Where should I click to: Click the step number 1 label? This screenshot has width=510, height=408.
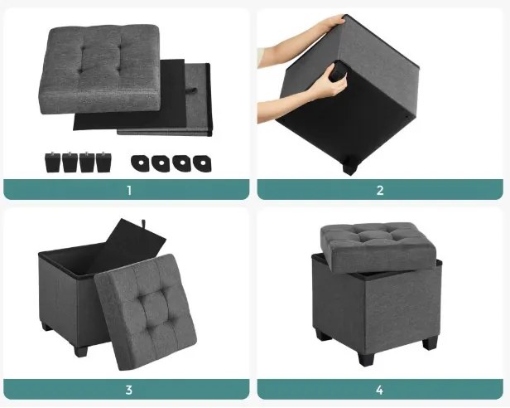pyautogui.click(x=129, y=190)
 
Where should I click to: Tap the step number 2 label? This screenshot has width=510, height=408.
pyautogui.click(x=380, y=190)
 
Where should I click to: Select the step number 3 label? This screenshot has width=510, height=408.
pyautogui.click(x=129, y=390)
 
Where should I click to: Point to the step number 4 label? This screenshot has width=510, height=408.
pyautogui.click(x=379, y=390)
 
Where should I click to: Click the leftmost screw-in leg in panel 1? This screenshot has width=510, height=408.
pyautogui.click(x=52, y=163)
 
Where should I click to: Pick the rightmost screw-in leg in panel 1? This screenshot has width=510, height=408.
pyautogui.click(x=103, y=162)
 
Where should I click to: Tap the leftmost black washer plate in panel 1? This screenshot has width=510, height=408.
pyautogui.click(x=141, y=163)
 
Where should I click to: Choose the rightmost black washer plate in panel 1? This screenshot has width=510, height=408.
pyautogui.click(x=202, y=163)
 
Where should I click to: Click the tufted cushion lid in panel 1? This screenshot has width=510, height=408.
pyautogui.click(x=99, y=69)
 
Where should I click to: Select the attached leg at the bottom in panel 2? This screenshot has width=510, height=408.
pyautogui.click(x=349, y=167)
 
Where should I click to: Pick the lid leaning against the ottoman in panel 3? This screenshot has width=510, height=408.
pyautogui.click(x=146, y=312)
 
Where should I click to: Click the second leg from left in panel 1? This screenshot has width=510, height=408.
pyautogui.click(x=70, y=163)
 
